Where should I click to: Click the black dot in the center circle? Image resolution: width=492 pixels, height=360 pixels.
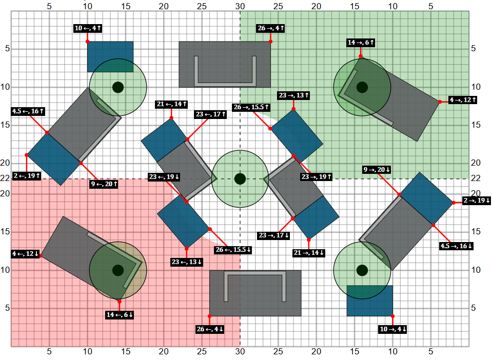pyautogui.click(x=240, y=178)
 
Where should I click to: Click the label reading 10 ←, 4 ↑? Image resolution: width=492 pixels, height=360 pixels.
pyautogui.click(x=88, y=28)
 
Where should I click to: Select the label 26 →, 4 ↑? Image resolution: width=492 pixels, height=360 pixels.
pyautogui.click(x=270, y=28)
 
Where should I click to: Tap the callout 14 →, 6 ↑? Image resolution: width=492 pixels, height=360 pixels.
pyautogui.click(x=361, y=43)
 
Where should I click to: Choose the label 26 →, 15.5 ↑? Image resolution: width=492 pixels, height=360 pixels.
pyautogui.click(x=251, y=107)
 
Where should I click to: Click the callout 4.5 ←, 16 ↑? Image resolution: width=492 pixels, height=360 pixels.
pyautogui.click(x=28, y=111)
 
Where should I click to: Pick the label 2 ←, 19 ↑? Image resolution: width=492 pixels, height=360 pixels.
pyautogui.click(x=27, y=176)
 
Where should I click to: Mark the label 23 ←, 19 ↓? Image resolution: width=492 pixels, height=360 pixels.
pyautogui.click(x=164, y=177)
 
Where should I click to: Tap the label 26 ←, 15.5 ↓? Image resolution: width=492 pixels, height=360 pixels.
pyautogui.click(x=233, y=250)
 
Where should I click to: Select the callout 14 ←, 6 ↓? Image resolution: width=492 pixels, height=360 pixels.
pyautogui.click(x=120, y=315)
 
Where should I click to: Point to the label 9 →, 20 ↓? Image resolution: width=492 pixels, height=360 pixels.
pyautogui.click(x=377, y=170)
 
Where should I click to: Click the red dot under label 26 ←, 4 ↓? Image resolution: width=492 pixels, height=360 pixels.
pyautogui.click(x=209, y=316)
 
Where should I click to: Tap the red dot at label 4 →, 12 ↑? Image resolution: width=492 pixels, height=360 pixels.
pyautogui.click(x=440, y=102)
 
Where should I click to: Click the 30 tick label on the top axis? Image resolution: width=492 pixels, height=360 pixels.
pyautogui.click(x=240, y=6)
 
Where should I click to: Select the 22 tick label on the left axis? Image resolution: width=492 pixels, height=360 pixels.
pyautogui.click(x=5, y=178)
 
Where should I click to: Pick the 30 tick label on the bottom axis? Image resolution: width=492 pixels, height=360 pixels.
pyautogui.click(x=240, y=352)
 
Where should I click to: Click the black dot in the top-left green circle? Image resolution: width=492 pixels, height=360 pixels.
pyautogui.click(x=118, y=87)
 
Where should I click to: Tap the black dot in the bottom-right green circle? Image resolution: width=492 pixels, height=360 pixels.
pyautogui.click(x=362, y=270)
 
